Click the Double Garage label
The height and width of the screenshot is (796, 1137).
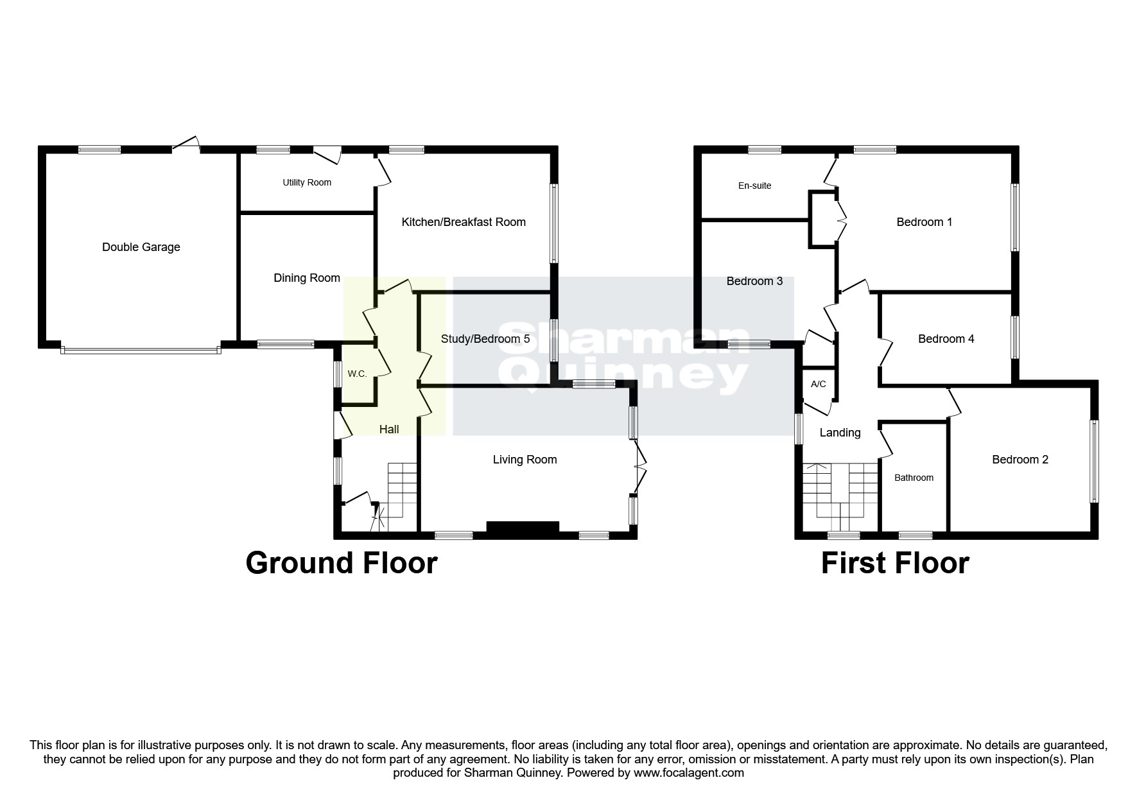coord(141,247)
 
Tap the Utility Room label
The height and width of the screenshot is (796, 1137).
coord(307,183)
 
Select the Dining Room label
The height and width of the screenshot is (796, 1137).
coord(307,278)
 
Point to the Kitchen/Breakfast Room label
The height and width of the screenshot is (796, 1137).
coord(464,222)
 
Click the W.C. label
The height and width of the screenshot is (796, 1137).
coord(357,374)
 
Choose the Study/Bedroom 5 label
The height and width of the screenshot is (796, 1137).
coord(485,339)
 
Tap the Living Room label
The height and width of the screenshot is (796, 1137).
coord(525,460)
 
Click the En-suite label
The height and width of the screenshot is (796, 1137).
coord(754,186)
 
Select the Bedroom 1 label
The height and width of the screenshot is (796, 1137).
coord(924,222)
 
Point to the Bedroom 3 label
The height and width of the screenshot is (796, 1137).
coord(754,281)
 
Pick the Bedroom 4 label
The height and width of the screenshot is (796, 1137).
coord(946,339)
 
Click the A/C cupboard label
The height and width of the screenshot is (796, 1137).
coord(818,385)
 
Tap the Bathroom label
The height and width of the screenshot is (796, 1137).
coord(914,478)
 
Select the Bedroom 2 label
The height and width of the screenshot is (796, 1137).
coord(1020,460)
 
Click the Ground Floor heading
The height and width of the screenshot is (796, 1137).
coord(342,563)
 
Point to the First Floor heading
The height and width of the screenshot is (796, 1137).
coord(895,563)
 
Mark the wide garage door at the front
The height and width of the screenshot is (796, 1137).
coord(141,350)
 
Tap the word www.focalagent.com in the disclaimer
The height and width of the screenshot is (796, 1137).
coord(689,773)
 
